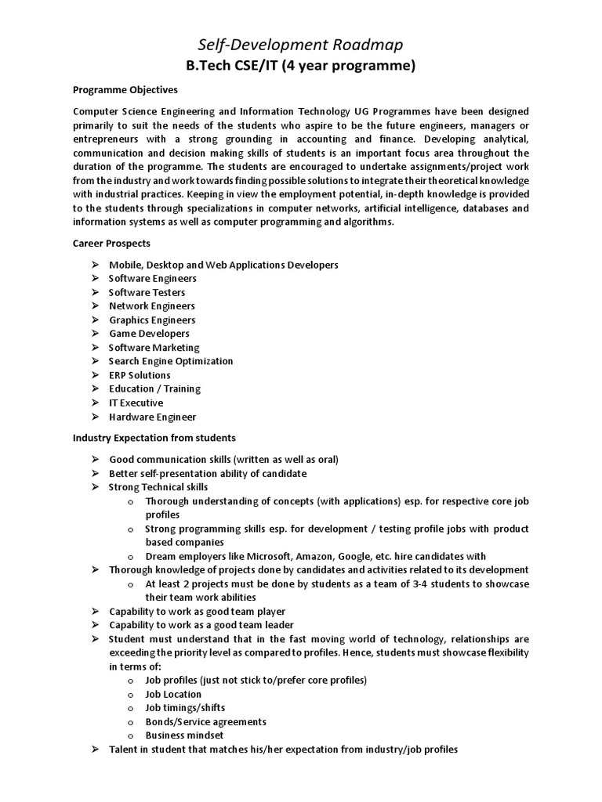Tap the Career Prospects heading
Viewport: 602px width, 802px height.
111,244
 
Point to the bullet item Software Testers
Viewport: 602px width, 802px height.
147,292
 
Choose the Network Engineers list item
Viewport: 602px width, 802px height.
152,305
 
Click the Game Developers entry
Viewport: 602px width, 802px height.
149,334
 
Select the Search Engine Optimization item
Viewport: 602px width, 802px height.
171,361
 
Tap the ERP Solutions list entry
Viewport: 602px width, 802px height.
140,375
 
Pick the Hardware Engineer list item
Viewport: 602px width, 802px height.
153,417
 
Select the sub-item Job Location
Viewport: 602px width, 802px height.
173,694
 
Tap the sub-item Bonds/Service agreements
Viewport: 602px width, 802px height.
206,721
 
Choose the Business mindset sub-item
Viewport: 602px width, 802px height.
184,735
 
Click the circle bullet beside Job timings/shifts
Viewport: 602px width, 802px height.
130,708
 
